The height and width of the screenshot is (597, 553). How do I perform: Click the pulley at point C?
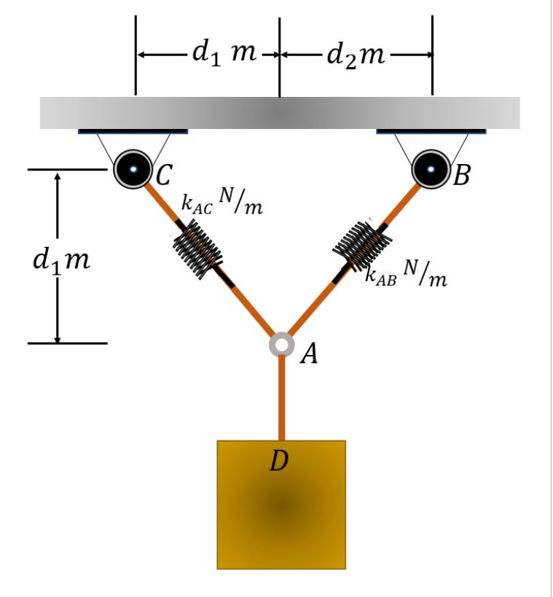click(x=133, y=169)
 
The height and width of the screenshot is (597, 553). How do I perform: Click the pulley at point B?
click(x=431, y=169)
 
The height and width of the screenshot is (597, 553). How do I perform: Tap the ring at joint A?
click(x=281, y=344)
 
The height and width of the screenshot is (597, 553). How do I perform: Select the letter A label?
click(x=310, y=354)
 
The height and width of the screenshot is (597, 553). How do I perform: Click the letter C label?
click(x=162, y=174)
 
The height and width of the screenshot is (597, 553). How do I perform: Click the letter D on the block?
click(x=278, y=461)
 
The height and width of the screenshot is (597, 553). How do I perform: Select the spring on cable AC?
click(x=197, y=249)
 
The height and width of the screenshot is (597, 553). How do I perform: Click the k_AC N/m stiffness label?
click(x=221, y=205)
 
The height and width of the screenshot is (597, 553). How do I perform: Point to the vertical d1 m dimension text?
click(x=61, y=260)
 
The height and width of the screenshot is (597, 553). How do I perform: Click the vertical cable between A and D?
click(x=281, y=397)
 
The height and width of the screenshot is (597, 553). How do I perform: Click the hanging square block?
click(x=281, y=510)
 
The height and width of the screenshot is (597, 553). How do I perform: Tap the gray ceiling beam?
click(x=280, y=113)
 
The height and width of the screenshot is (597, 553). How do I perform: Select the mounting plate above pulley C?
click(x=133, y=132)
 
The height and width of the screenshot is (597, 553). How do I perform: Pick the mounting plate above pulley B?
click(x=431, y=132)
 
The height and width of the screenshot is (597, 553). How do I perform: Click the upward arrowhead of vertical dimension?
click(x=57, y=177)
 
